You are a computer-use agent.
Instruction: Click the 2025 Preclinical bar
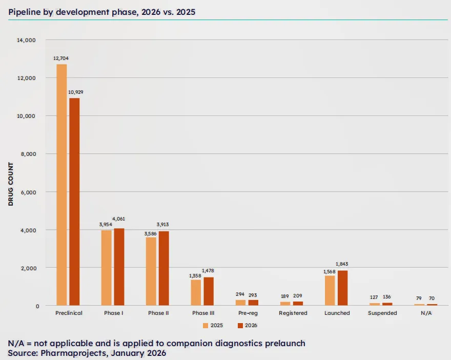point(61,185)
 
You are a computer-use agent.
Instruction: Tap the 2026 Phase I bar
point(119,267)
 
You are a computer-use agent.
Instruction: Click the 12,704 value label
point(61,58)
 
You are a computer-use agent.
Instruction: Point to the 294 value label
point(240,294)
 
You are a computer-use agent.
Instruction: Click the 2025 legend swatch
point(206,325)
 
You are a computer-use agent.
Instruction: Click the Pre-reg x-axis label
point(248,313)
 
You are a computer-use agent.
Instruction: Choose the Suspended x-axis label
point(382,313)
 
